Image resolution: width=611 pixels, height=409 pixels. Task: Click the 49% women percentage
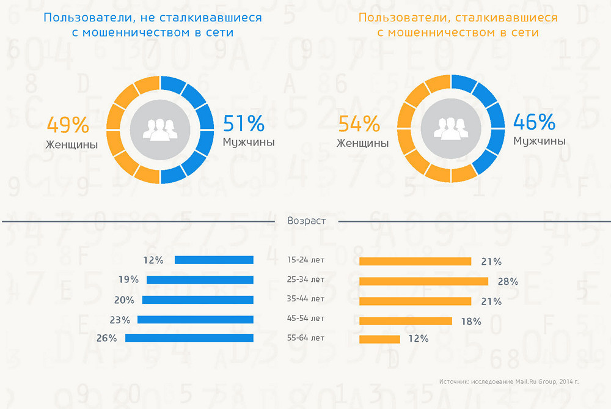pos(68,125)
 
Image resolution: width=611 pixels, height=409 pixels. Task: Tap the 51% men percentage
pos(244,123)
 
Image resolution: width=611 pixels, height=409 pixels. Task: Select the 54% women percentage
pos(359,125)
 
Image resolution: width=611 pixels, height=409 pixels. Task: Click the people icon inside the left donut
pos(160,129)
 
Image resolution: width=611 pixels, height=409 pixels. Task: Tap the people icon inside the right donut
pos(450,129)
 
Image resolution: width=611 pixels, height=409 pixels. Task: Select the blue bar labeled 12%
pos(214,260)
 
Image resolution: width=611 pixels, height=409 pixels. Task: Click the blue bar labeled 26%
pos(189,337)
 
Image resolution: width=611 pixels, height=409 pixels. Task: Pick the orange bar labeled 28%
pos(423,281)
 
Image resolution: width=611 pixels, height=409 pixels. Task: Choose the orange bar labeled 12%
pos(379,339)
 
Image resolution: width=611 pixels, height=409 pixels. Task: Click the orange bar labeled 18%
pos(405,321)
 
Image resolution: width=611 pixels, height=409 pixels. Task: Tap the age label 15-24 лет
pos(305,260)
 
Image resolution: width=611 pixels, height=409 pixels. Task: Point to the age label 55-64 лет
pos(305,337)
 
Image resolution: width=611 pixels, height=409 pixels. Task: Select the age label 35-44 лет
pos(305,299)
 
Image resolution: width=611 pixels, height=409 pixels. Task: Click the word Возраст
pos(306,221)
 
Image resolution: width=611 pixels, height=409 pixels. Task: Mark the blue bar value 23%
pos(120,319)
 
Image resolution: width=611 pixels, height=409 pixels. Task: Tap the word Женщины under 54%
pos(362,144)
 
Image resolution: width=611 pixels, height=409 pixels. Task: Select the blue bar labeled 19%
pos(200,280)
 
